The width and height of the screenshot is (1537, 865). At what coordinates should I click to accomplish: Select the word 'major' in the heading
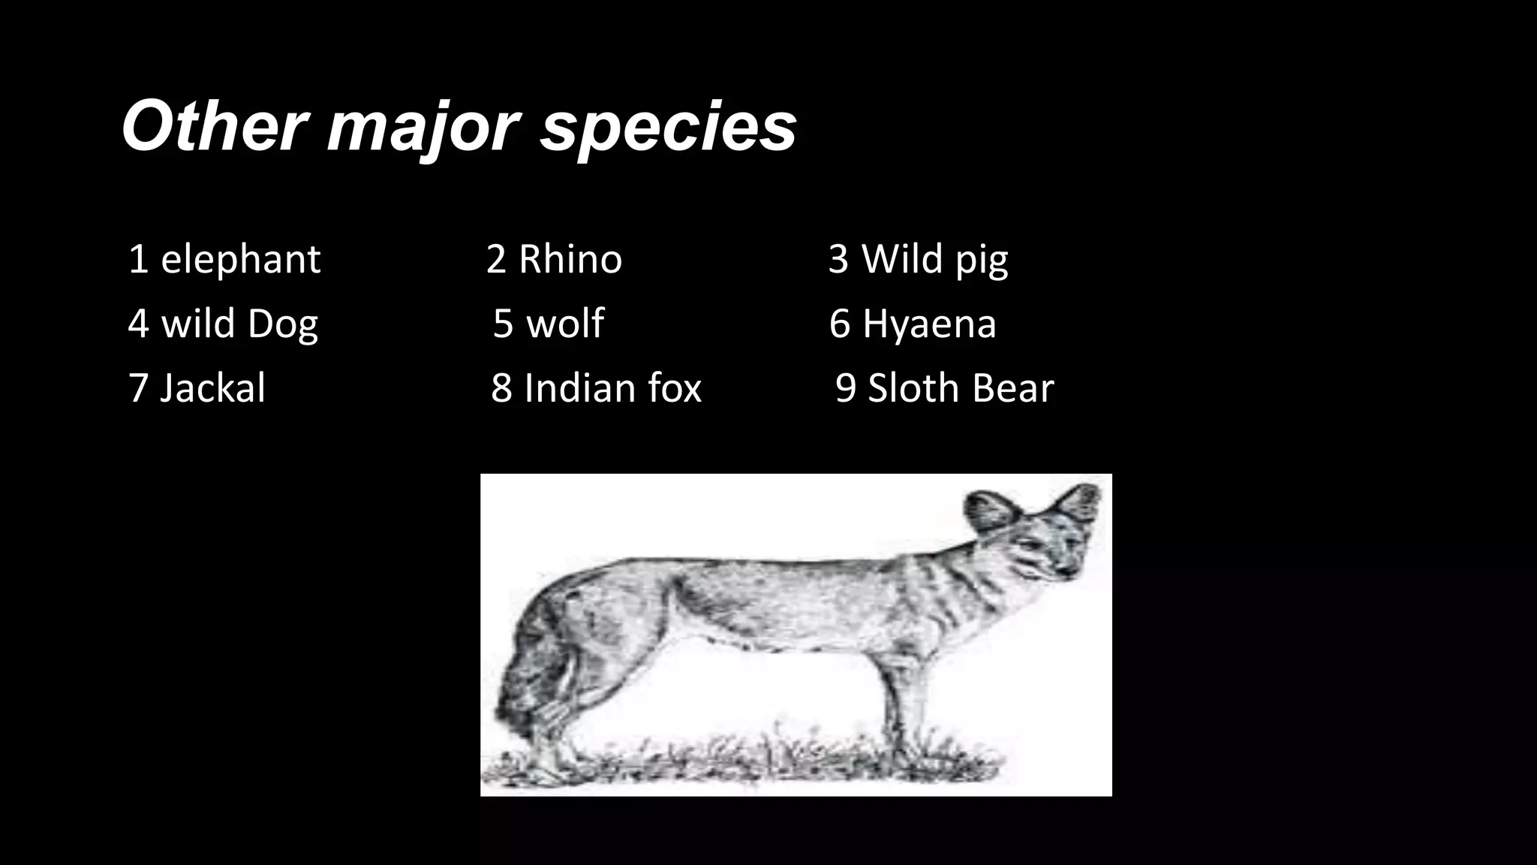tap(423, 128)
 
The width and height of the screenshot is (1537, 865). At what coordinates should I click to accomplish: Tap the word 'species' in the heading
tap(668, 129)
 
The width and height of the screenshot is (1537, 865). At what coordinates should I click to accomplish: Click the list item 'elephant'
tap(240, 260)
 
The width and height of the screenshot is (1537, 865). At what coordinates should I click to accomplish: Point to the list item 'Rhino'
tap(570, 260)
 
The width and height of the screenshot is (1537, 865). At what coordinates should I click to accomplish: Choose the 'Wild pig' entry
tap(934, 260)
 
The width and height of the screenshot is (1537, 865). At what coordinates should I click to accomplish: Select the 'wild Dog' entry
tap(239, 324)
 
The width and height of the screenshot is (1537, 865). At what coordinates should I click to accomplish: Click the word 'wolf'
tap(564, 324)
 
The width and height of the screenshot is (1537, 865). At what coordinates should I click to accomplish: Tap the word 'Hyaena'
tap(928, 324)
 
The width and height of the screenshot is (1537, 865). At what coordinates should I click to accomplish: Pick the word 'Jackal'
tap(212, 389)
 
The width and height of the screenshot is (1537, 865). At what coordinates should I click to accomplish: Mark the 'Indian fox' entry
tap(612, 389)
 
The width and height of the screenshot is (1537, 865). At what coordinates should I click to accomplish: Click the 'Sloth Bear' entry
tap(961, 389)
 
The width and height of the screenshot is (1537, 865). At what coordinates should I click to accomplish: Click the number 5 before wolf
tap(503, 324)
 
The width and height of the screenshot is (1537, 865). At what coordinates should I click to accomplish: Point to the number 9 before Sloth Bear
tap(845, 389)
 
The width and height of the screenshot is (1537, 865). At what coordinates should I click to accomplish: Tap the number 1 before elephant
tap(138, 260)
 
